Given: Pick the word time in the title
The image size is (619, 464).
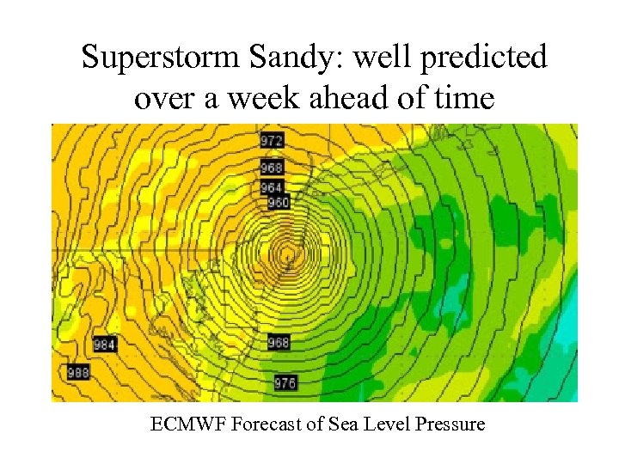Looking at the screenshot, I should [x=464, y=98].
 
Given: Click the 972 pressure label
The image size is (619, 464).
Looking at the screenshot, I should [x=273, y=140].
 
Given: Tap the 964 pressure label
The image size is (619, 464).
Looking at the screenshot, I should [x=273, y=188].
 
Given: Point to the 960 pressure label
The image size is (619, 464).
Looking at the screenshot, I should [x=279, y=203].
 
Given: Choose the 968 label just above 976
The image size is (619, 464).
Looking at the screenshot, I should [x=279, y=342].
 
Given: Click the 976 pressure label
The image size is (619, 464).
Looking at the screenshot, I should [x=285, y=383].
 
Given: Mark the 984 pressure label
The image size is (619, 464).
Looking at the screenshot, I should [x=105, y=345].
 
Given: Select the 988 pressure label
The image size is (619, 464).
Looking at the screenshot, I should [x=78, y=372].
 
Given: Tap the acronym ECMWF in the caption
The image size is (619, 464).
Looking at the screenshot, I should [x=182, y=424].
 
